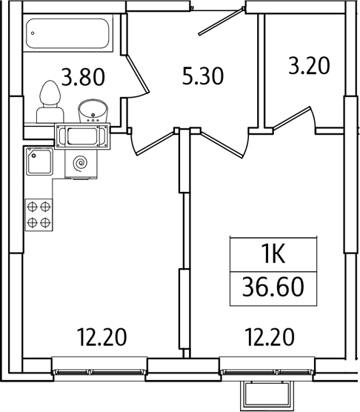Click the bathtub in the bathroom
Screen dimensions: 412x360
click(x=69, y=35)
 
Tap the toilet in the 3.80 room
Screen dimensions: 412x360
click(x=50, y=101)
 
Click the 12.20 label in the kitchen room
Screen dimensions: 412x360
click(x=101, y=337)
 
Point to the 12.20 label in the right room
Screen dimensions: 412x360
click(x=270, y=337)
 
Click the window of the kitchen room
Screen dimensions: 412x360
click(x=100, y=367)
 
